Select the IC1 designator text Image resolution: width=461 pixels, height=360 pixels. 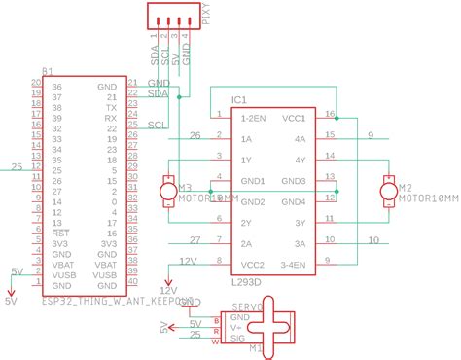[x=239, y=100]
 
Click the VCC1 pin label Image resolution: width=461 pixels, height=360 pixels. [x=294, y=117]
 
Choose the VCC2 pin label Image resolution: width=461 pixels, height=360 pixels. [x=252, y=263]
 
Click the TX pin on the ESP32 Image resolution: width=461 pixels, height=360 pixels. [x=110, y=107]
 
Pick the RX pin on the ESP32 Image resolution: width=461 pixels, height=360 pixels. [x=110, y=118]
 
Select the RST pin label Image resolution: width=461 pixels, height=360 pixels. [x=59, y=234]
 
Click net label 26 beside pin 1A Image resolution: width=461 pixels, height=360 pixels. [x=195, y=135]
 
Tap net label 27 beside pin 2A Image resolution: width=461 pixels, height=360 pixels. [x=195, y=239]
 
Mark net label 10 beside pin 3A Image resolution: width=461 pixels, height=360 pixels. [x=372, y=239]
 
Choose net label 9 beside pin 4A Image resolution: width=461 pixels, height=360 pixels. [x=370, y=135]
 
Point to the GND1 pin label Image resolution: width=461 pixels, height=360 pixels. [x=252, y=181]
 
